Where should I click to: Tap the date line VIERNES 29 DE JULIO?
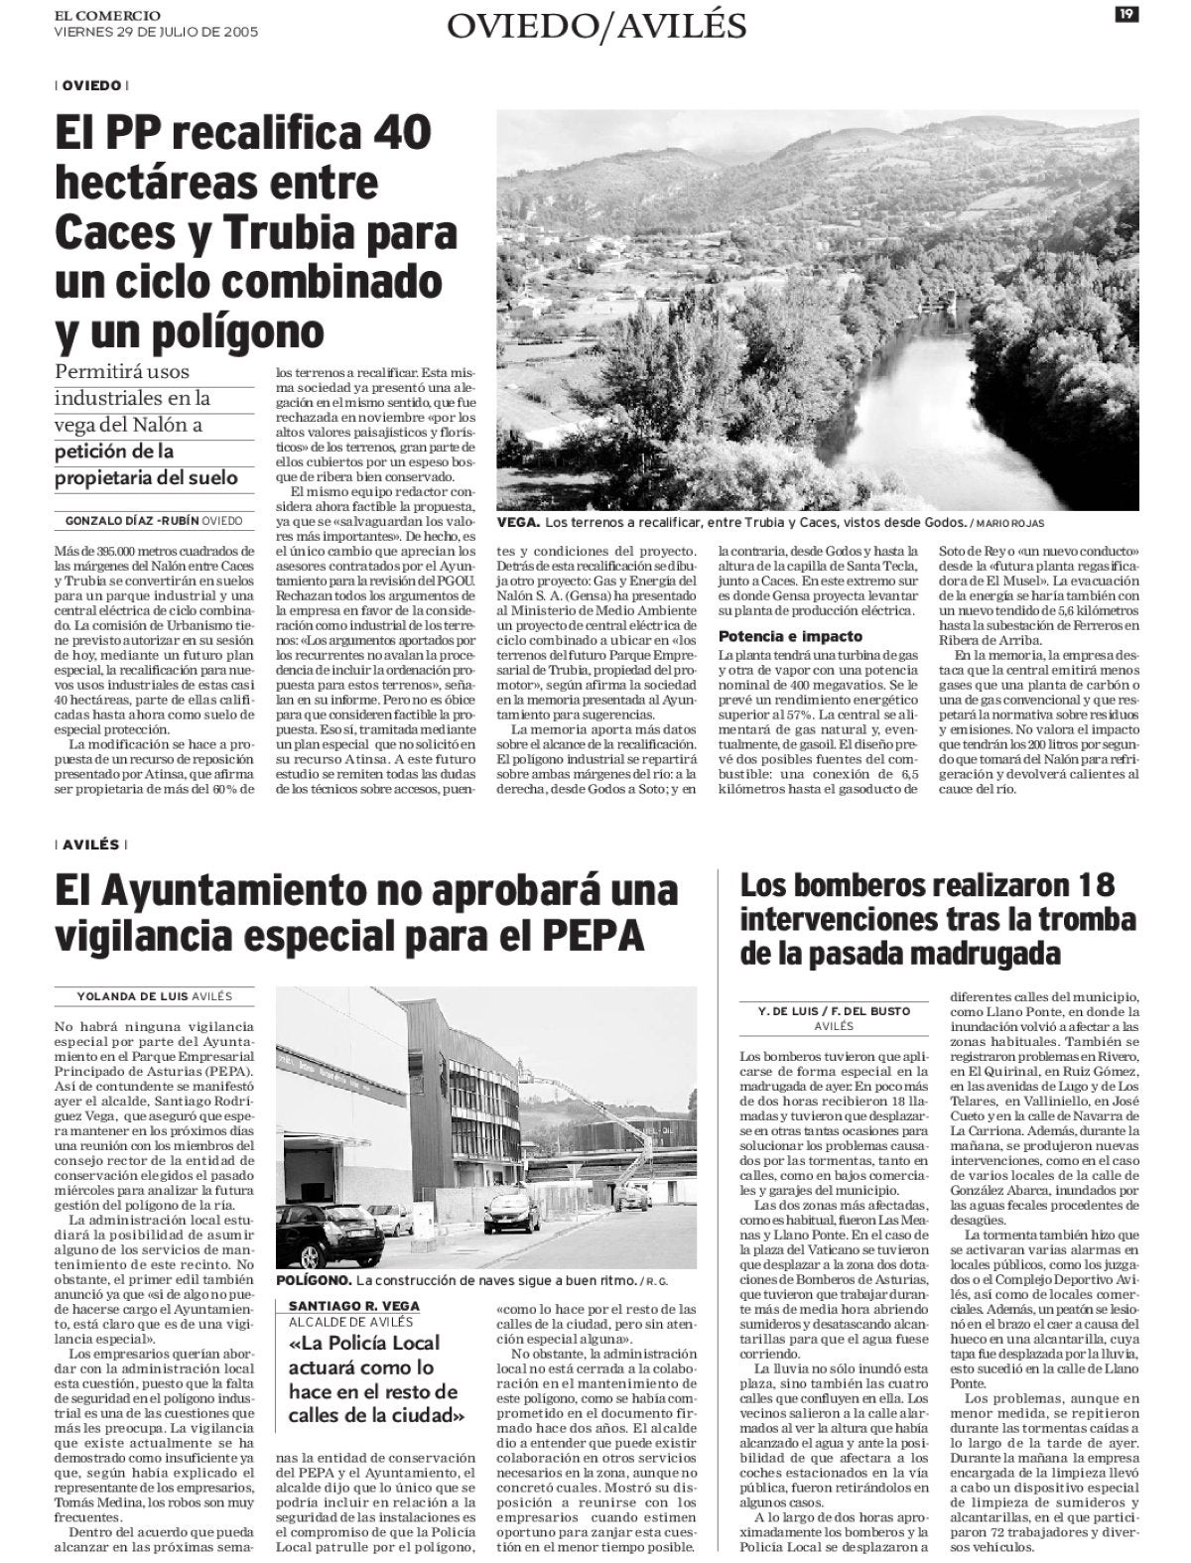(x=157, y=32)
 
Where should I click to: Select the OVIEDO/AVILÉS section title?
(x=595, y=27)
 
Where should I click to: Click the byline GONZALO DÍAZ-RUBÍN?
(x=131, y=520)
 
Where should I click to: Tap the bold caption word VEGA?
(x=518, y=522)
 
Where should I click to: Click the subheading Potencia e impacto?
(x=790, y=636)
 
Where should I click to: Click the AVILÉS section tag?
(x=90, y=845)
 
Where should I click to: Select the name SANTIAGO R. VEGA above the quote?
(x=354, y=1305)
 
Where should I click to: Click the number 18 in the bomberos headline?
(x=1090, y=885)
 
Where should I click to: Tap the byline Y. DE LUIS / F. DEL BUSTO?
(x=833, y=1010)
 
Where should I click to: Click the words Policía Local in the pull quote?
(x=384, y=1344)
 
